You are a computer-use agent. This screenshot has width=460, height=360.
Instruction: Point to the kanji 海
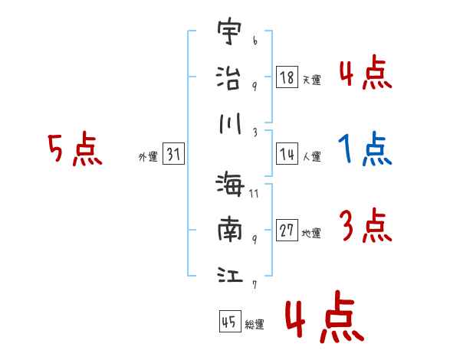click(x=230, y=185)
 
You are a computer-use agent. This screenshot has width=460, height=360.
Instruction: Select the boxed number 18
click(x=287, y=77)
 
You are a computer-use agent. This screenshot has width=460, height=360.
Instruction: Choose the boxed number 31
click(x=173, y=155)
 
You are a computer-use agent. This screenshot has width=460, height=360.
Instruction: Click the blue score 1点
click(x=365, y=149)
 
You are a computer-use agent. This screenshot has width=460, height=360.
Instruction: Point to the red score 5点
click(x=74, y=149)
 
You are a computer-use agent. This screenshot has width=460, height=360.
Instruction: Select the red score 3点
click(x=365, y=225)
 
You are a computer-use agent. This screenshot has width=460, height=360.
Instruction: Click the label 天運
click(x=311, y=80)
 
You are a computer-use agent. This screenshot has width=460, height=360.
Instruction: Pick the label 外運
click(x=148, y=158)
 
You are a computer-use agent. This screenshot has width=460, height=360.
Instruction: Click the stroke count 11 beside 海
click(x=254, y=194)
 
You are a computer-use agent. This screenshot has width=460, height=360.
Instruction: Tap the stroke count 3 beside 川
click(x=254, y=132)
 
